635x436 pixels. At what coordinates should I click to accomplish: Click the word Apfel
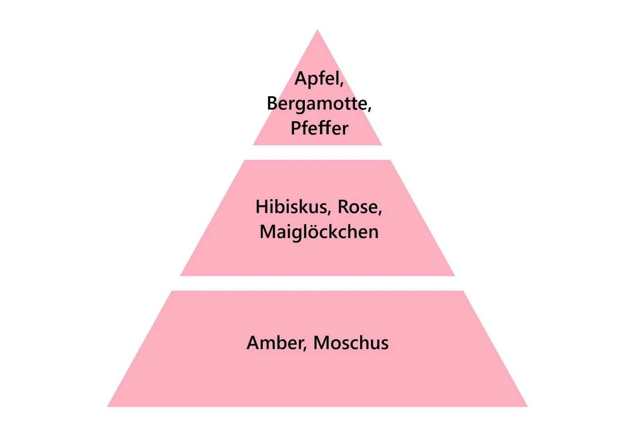[317, 79]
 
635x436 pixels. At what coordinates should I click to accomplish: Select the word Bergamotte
[317, 104]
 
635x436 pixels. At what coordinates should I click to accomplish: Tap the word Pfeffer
[319, 128]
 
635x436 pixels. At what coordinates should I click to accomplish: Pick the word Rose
[358, 207]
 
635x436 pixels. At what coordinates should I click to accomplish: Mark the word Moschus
[351, 343]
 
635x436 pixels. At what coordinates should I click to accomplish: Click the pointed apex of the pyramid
[317, 30]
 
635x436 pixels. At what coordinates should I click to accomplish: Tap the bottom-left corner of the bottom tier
[107, 406]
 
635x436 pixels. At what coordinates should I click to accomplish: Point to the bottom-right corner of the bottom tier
[527, 406]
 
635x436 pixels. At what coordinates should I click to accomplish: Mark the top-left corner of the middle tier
[244, 160]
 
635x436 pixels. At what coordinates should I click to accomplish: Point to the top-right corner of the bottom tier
[463, 291]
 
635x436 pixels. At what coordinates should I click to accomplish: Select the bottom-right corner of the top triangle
[381, 145]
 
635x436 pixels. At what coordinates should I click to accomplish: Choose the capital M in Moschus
[321, 343]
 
